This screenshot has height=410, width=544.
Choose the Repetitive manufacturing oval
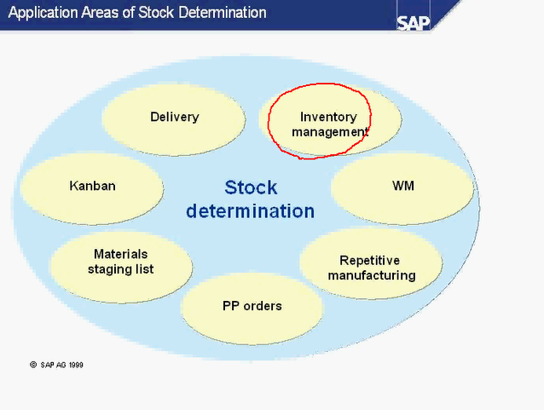pos(371,269)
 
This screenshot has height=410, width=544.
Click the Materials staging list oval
pos(120,263)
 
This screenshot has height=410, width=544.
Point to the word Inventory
pos(328,117)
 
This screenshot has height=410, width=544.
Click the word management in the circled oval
pos(329,132)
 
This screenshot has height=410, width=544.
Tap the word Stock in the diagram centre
pos(251,188)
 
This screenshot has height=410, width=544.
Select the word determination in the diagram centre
pos(250,211)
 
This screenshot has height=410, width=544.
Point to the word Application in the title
pos(39,13)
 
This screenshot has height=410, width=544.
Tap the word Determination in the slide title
pos(222,13)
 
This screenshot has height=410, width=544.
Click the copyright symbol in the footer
pos(33,364)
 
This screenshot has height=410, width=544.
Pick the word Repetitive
pos(369,261)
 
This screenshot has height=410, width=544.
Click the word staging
pos(108,269)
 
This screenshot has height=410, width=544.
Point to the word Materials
pos(120,254)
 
